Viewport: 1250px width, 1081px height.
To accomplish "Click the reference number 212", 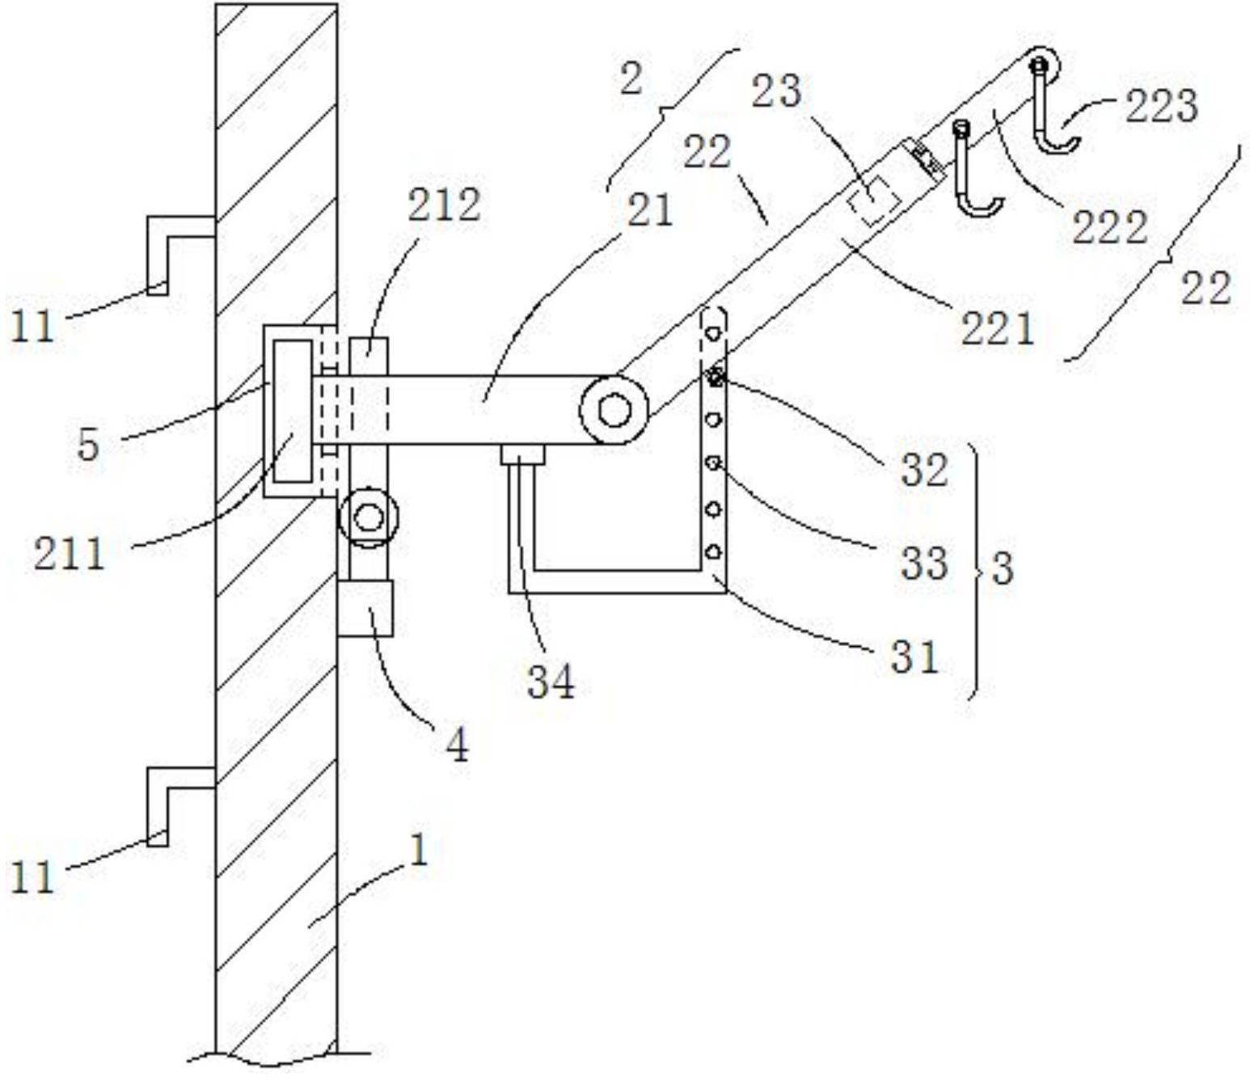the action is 445,205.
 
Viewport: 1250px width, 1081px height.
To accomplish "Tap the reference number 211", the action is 70,555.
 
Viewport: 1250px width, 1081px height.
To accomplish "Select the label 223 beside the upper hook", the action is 1161,107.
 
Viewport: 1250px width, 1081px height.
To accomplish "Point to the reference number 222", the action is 1110,227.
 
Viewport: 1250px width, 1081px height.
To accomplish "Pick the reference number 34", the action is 551,682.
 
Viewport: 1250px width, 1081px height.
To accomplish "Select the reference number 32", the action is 924,469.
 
